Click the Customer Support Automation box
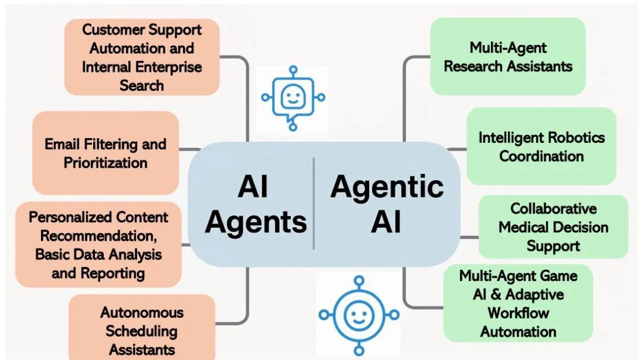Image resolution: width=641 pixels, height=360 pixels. click(142, 57)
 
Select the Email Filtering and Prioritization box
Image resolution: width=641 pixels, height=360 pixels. click(106, 153)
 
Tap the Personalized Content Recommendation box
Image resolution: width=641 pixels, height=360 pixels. click(99, 244)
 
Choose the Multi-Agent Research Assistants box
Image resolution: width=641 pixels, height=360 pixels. click(508, 56)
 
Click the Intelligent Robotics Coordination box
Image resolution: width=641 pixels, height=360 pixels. click(541, 146)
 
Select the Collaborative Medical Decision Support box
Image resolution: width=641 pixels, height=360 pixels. click(553, 227)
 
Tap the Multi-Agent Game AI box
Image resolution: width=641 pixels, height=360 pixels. click(518, 303)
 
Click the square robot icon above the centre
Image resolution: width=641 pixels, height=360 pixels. click(292, 98)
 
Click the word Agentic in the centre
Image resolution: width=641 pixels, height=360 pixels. click(387, 187)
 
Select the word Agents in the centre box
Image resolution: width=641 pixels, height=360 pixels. click(256, 222)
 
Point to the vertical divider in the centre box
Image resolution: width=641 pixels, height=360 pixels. click(313, 203)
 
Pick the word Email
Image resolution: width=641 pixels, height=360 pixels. click(62, 144)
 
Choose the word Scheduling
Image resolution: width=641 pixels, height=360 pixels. click(142, 330)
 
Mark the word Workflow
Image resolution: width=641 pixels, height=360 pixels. click(518, 313)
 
